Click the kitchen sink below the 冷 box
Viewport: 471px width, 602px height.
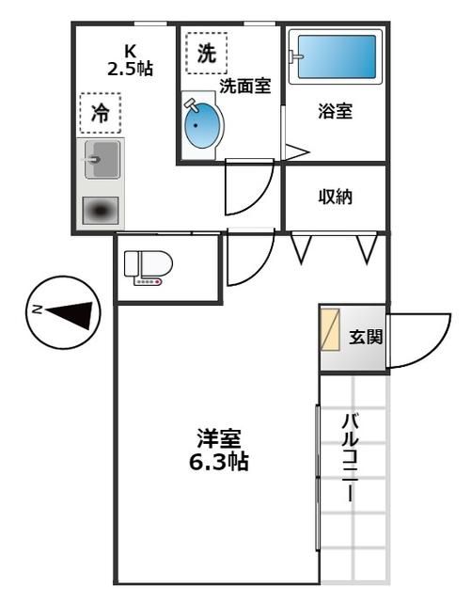102,160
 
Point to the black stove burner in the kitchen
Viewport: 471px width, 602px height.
102,211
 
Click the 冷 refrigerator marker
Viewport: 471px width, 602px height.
101,114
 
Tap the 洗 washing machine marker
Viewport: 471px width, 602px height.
206,53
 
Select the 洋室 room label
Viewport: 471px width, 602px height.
219,438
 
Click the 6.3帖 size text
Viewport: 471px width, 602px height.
219,462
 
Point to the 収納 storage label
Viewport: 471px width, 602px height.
335,198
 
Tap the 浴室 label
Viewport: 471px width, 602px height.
335,112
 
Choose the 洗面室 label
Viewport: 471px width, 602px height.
245,86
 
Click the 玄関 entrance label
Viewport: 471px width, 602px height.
366,338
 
